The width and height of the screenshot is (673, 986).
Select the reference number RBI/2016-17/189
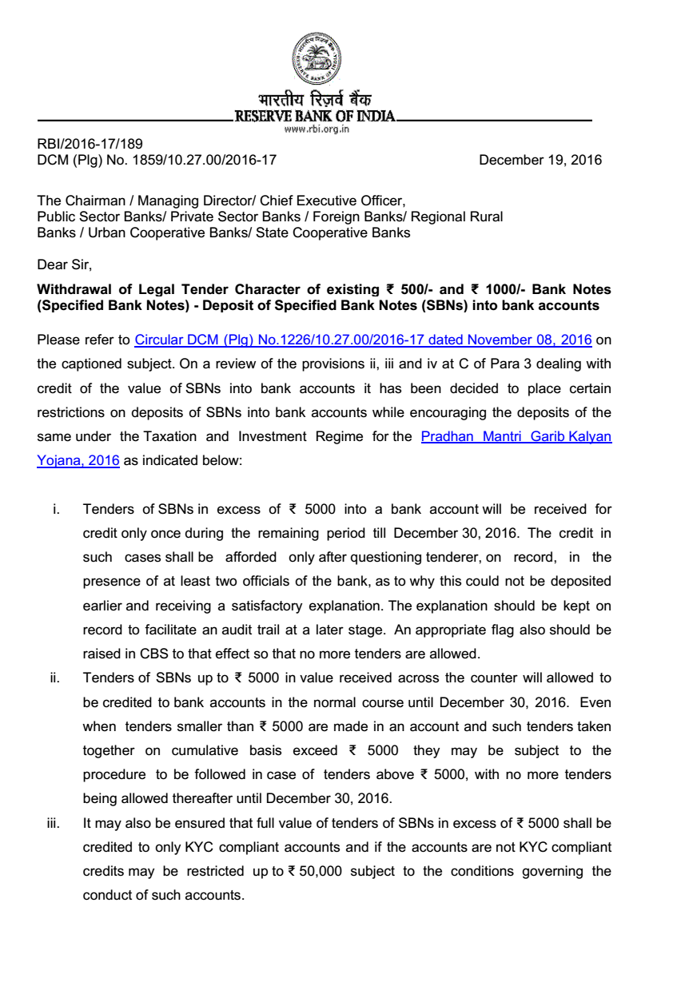point(90,145)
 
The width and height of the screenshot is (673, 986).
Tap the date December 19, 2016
point(540,160)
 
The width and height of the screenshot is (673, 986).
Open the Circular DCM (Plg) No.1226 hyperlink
point(363,340)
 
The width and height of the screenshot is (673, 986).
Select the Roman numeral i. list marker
point(55,510)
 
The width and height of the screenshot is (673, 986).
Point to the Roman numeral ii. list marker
point(54,678)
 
